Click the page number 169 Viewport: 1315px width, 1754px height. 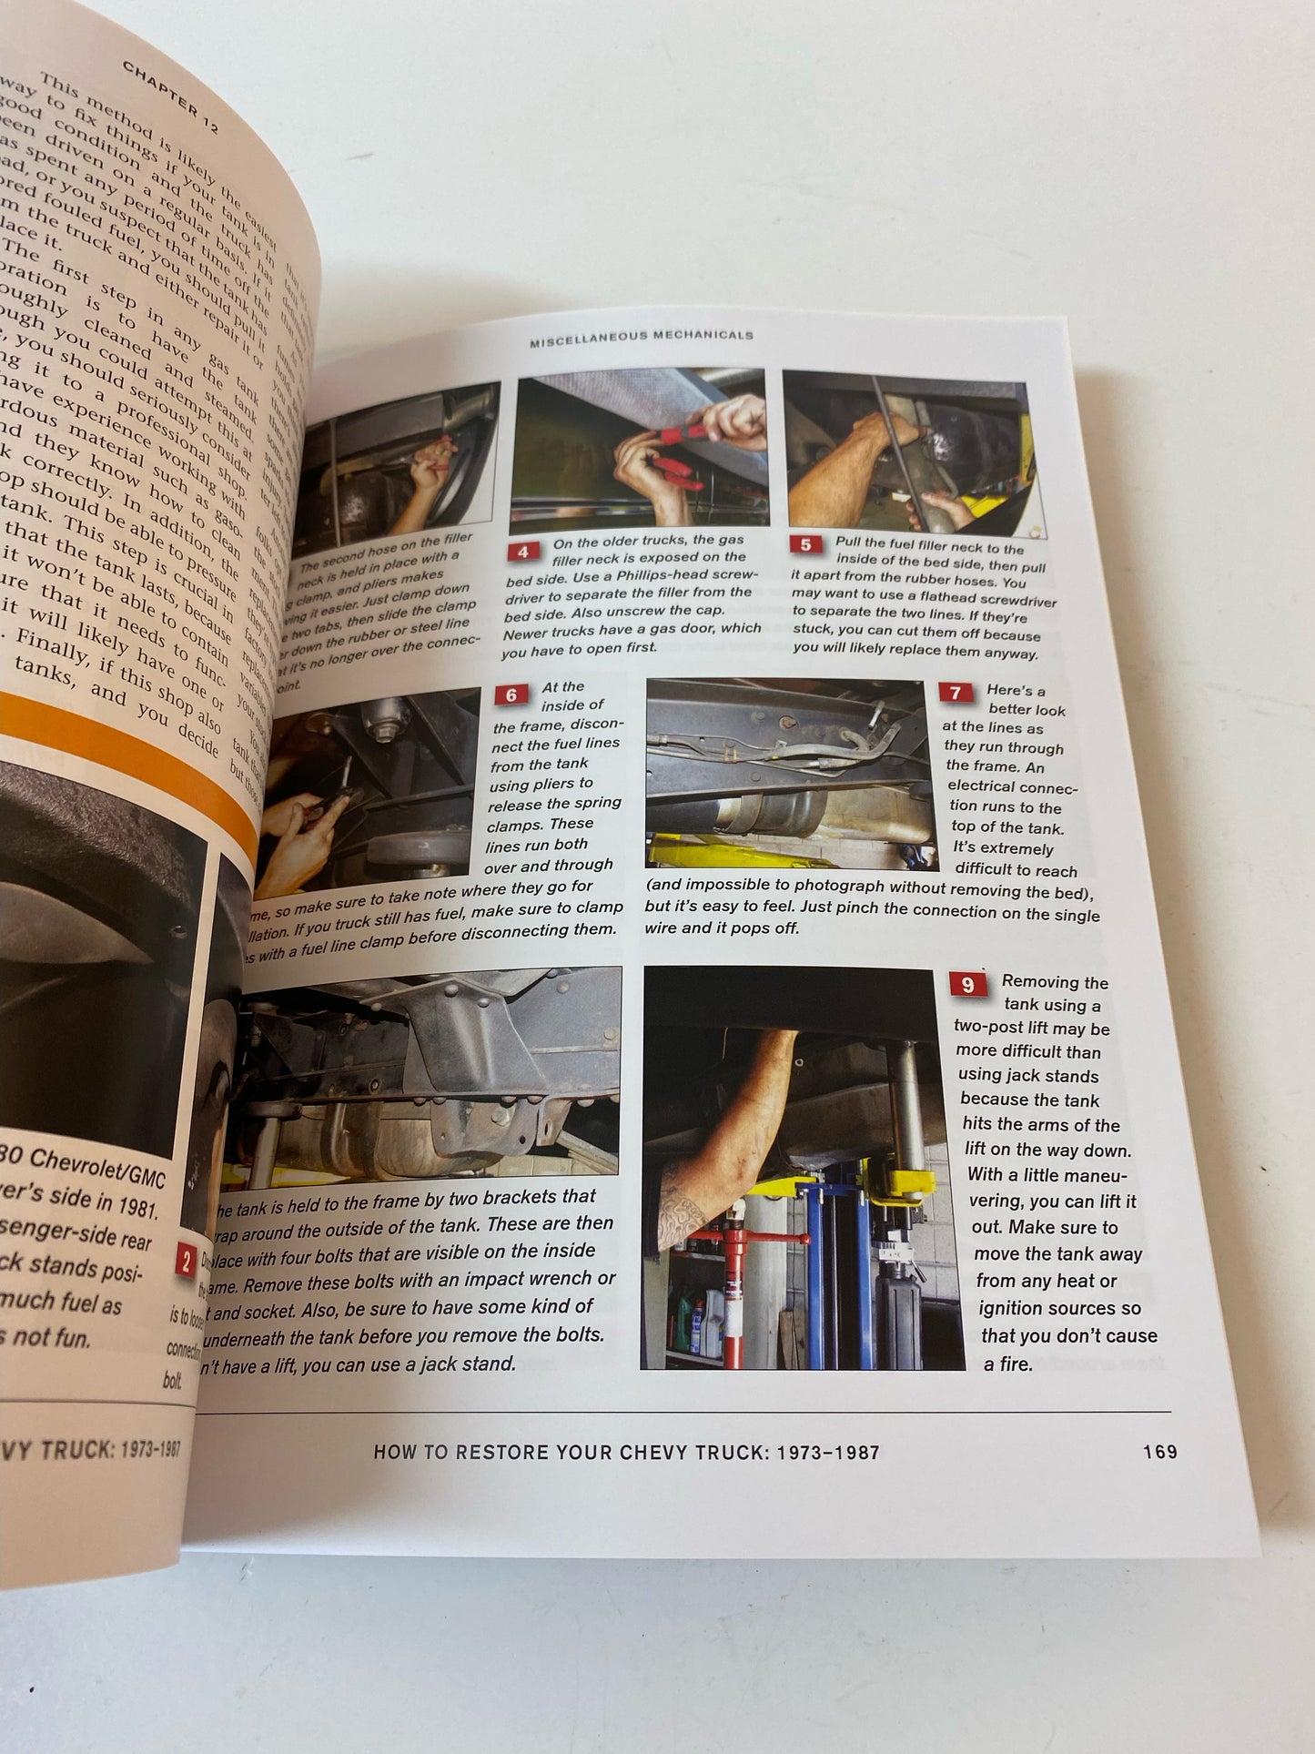tap(1159, 1451)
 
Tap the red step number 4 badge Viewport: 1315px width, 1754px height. tap(522, 553)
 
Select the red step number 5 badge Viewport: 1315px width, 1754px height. tap(805, 545)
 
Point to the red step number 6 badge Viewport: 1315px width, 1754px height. tap(511, 695)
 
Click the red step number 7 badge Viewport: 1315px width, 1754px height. tap(955, 694)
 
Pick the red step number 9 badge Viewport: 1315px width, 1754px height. tap(967, 985)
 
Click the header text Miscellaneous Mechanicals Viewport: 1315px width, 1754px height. tap(642, 335)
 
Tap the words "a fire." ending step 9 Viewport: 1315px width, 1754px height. tap(1007, 1364)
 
